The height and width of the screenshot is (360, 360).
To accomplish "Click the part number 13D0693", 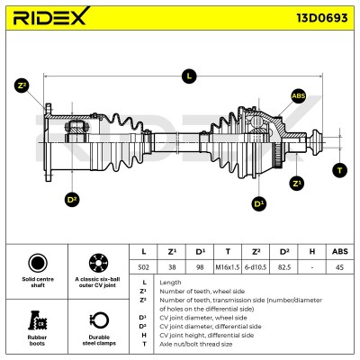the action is [322, 18].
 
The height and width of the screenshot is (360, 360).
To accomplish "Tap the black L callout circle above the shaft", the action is [189, 76].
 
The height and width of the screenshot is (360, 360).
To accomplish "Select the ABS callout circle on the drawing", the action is [299, 96].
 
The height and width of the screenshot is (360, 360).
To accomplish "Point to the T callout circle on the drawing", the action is [340, 170].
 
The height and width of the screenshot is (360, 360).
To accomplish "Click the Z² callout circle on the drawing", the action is [22, 85].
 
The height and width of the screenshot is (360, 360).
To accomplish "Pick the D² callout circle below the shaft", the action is [72, 200].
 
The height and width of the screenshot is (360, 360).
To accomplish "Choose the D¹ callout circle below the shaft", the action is [258, 203].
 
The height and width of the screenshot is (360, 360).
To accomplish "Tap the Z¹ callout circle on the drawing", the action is [297, 183].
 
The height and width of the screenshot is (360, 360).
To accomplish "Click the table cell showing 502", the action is [143, 267].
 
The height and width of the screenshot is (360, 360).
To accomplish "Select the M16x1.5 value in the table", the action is [228, 267].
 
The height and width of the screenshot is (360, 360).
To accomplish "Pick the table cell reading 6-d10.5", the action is [256, 267].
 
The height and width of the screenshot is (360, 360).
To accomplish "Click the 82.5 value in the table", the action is [283, 267].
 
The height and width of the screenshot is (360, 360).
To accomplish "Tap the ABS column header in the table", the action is [340, 251].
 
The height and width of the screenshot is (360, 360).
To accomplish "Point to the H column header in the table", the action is [312, 251].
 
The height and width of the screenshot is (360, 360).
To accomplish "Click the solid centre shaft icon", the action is [38, 263].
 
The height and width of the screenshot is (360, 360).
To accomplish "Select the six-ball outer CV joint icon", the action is [98, 263].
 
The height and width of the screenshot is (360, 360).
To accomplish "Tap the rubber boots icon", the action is [38, 320].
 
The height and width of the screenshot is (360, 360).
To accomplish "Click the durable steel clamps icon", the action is [99, 320].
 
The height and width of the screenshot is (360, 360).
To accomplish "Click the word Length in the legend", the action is [170, 283].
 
